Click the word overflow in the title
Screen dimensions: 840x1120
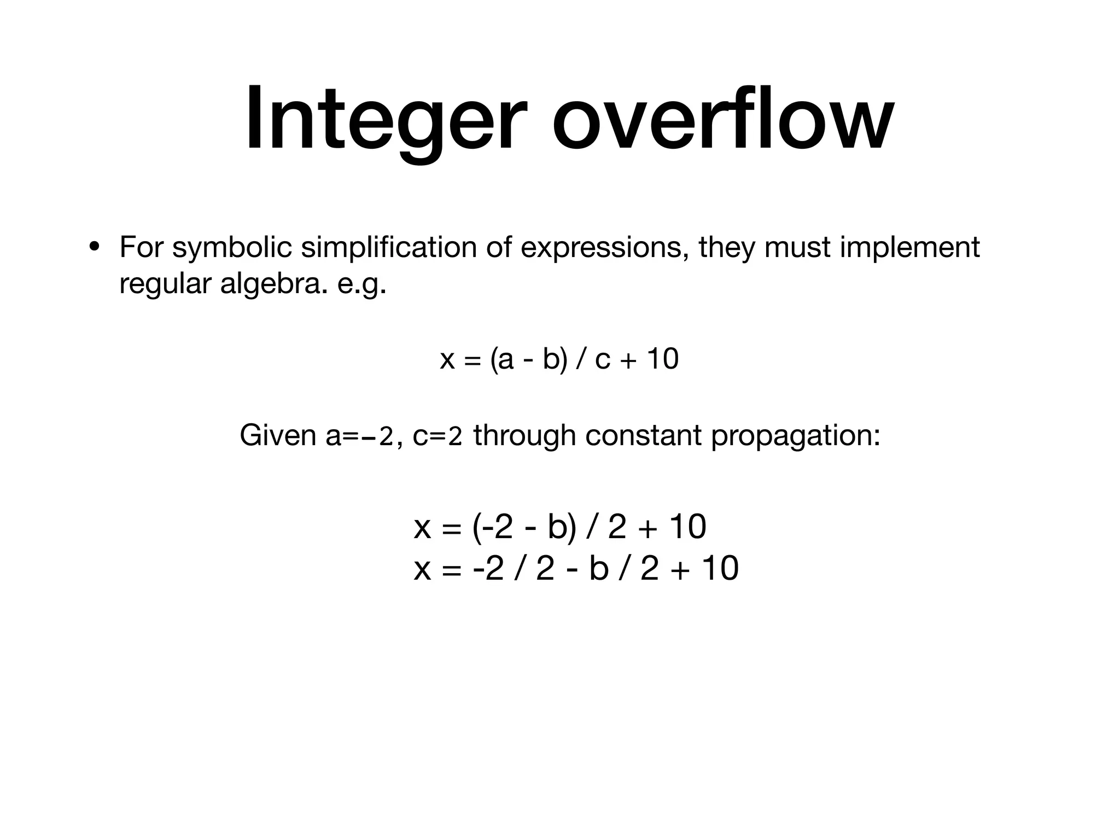click(x=722, y=119)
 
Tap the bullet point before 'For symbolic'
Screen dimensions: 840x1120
click(x=95, y=247)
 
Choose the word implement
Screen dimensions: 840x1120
click(x=909, y=247)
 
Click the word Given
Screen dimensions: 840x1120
click(x=278, y=436)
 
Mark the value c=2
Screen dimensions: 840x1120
click(x=437, y=436)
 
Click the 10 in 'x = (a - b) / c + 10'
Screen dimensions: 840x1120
click(x=662, y=359)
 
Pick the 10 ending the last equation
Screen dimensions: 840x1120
click(x=720, y=568)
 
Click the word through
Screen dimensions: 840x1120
click(x=524, y=436)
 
